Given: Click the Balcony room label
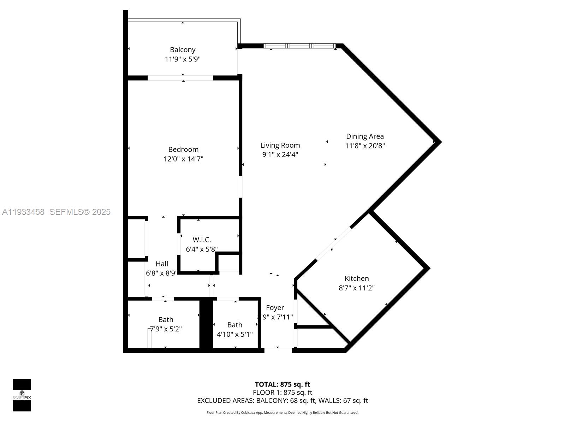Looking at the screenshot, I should [x=183, y=50].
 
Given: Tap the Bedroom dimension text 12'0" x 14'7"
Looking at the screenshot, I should [x=183, y=159].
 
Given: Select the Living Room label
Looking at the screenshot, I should [x=280, y=145].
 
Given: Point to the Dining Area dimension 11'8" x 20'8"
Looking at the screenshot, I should [x=365, y=146].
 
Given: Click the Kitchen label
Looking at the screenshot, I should [x=357, y=278].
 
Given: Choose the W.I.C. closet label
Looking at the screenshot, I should [x=202, y=240].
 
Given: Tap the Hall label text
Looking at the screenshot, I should [x=162, y=264].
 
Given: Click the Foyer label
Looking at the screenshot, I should [x=275, y=308].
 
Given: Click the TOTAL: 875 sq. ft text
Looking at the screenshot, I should [x=282, y=384].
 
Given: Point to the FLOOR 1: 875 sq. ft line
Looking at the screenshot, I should [x=282, y=393].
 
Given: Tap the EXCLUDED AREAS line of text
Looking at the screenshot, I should [x=282, y=401].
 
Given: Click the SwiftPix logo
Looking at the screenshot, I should [x=22, y=395].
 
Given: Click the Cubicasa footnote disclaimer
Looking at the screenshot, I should [x=282, y=413].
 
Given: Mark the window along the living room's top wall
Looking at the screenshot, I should [x=299, y=46].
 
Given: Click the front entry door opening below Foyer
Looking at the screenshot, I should [x=278, y=350].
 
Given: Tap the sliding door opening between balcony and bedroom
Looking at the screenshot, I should [x=180, y=78].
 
